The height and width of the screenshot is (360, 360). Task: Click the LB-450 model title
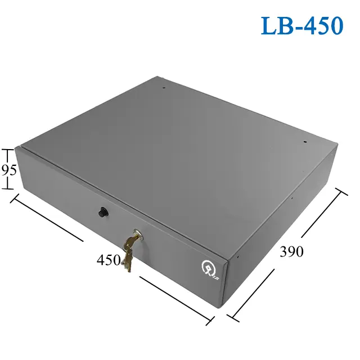tap(301, 26)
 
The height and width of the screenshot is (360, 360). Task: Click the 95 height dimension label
tap(8, 170)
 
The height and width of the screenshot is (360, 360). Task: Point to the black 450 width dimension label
tap(109, 260)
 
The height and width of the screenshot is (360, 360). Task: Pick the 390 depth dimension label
tap(291, 251)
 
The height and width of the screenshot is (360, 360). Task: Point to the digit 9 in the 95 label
tap(4, 170)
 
